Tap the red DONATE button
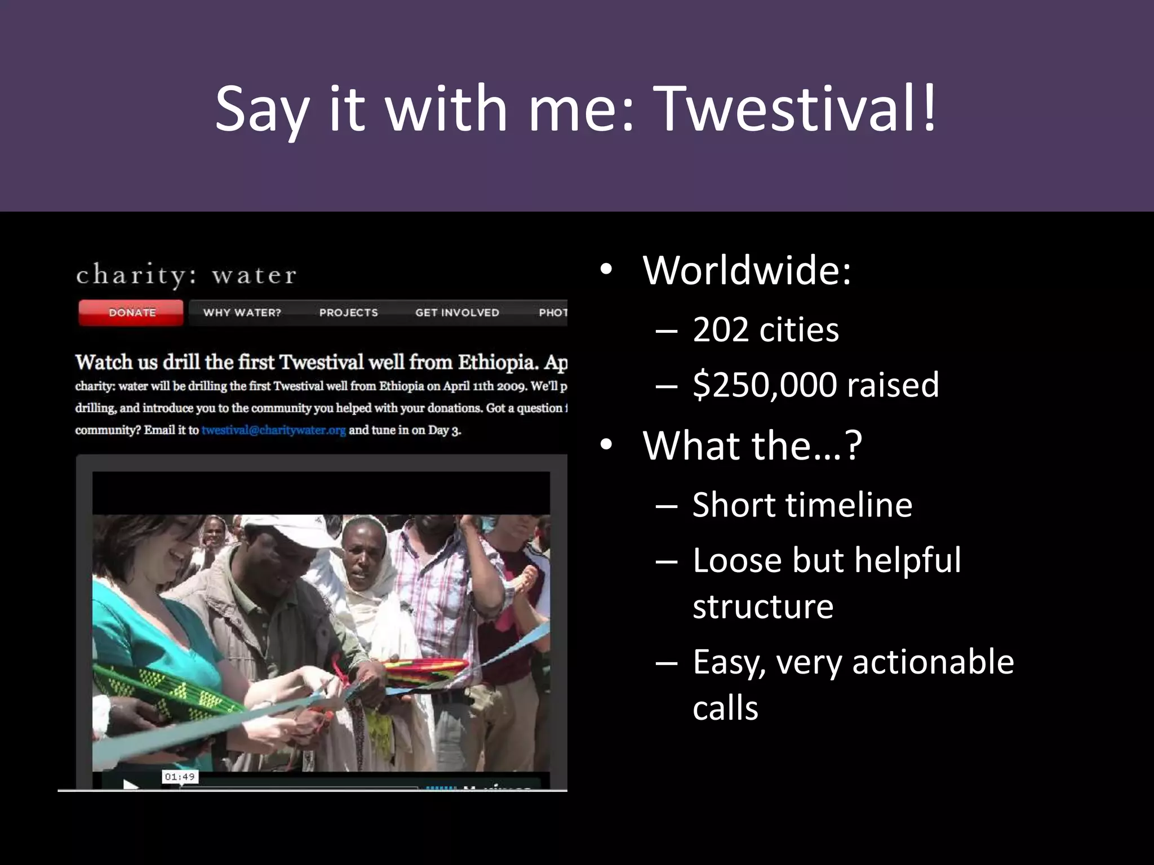click(131, 313)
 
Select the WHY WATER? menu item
click(242, 313)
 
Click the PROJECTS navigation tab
click(348, 313)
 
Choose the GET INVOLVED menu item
click(457, 313)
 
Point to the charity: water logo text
click(186, 275)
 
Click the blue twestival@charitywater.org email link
click(273, 430)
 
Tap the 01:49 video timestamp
click(180, 777)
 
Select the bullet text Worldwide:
click(747, 270)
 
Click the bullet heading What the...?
click(752, 445)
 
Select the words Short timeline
click(802, 505)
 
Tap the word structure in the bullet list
click(762, 607)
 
